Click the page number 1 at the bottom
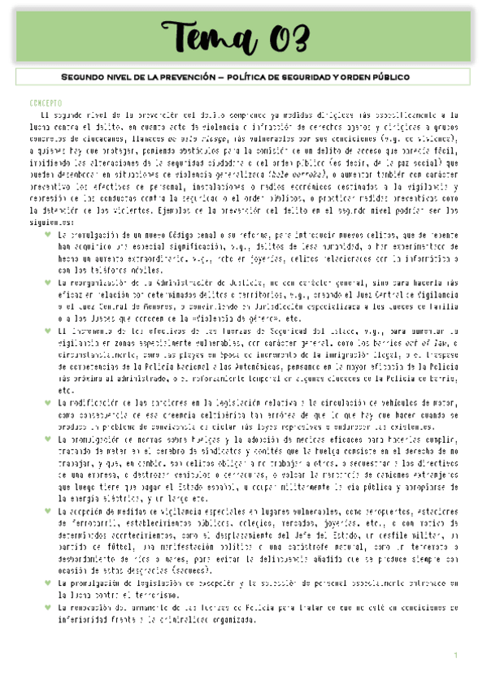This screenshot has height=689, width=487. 456,655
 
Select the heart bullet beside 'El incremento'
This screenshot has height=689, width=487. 48,331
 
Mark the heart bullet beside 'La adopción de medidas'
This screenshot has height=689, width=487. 48,511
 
